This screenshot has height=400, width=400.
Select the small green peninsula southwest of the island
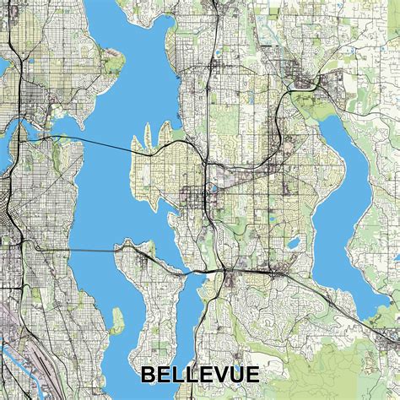[x=116, y=321]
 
